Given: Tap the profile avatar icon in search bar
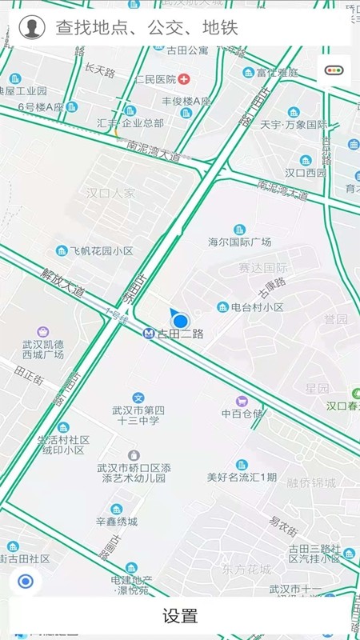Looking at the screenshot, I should tap(31, 27).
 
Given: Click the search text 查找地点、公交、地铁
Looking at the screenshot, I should tap(146, 28).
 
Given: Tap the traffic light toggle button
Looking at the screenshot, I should tap(334, 70).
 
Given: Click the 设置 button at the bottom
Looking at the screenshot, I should tap(180, 616).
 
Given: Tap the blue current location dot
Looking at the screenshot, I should tap(181, 320).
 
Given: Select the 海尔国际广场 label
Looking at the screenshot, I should tap(239, 242).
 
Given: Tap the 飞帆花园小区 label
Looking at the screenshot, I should tap(101, 250).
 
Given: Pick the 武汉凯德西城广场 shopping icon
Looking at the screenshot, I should tap(42, 332).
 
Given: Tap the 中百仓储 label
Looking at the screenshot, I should tap(242, 414).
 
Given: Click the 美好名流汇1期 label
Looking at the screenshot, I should tap(242, 478).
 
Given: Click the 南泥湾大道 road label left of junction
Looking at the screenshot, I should tap(154, 150).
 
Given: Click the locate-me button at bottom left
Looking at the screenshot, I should tap(26, 582).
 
